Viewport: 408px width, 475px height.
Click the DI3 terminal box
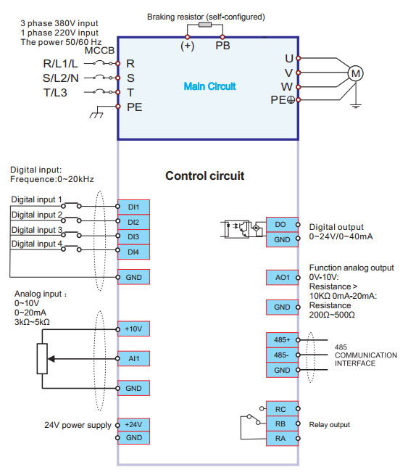coord(133,237)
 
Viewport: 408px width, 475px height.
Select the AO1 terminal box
coord(282,278)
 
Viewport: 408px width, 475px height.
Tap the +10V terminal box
coord(133,329)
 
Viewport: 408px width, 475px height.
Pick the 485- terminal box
coord(282,355)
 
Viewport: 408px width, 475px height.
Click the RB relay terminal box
coord(282,424)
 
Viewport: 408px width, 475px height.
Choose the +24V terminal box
coord(133,425)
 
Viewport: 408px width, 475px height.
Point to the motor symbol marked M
coord(355,73)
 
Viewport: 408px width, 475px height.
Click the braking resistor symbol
coord(205,25)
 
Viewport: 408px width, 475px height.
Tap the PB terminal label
coord(222,46)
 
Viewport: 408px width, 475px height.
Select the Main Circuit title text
coord(209,86)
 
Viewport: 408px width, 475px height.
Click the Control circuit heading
coord(205,175)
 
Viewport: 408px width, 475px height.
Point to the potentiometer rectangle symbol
coord(42,359)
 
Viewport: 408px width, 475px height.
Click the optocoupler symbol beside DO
coord(237,229)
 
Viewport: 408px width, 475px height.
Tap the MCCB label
coord(99,50)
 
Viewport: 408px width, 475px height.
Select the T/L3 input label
coord(55,92)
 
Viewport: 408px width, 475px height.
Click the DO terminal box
coord(282,225)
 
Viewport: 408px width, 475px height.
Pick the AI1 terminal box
coord(133,359)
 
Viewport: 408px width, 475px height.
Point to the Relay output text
coord(329,425)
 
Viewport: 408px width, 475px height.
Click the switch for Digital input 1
coord(71,205)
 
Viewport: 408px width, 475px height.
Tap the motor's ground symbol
coord(356,106)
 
